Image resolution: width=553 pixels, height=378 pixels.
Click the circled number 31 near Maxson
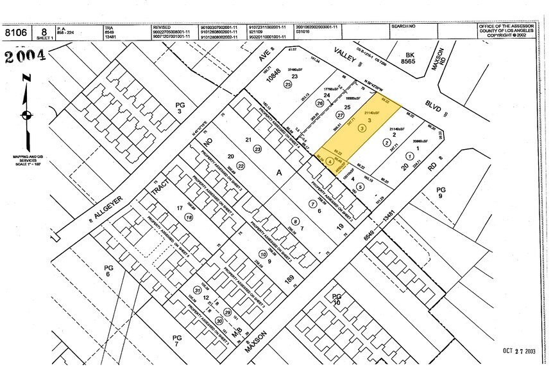(196, 290)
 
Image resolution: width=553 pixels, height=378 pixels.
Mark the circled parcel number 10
(263, 254)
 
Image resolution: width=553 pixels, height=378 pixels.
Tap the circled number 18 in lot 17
(189, 218)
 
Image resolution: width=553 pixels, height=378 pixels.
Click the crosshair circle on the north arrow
(26, 116)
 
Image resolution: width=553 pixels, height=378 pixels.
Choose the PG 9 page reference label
(440, 193)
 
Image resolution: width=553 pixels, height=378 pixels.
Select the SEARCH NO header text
(404, 27)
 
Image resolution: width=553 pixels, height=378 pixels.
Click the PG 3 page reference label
(180, 107)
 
